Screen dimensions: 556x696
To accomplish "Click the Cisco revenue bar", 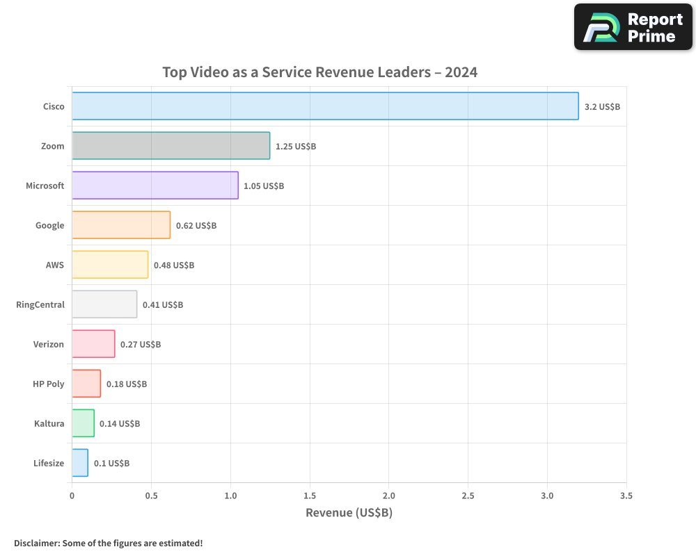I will tap(325, 106).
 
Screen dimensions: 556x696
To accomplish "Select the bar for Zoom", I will tap(171, 146).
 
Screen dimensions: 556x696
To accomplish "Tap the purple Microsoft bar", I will tap(155, 186).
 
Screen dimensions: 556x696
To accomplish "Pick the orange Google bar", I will tap(121, 225).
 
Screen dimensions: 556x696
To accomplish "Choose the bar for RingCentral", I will tap(104, 304).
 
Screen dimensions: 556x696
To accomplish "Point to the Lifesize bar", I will tap(80, 463).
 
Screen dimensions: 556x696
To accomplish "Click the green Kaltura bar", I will tap(83, 423).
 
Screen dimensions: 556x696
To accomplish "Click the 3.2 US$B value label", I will tap(602, 107).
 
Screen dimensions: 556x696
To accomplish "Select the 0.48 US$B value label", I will tap(174, 265).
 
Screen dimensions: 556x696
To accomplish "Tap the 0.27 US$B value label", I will tap(141, 345).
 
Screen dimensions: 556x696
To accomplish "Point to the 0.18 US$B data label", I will tap(127, 384).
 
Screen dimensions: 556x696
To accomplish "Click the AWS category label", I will tap(54, 265).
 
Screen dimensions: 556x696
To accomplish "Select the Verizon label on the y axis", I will tap(49, 344).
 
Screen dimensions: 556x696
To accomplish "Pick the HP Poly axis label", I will tap(49, 384).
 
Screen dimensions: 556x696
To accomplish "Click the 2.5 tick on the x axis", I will tap(468, 496).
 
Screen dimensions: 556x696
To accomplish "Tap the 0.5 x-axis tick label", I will tap(151, 496).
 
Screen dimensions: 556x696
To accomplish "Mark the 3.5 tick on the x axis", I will tap(626, 496).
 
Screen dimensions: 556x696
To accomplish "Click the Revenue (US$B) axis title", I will tap(349, 513).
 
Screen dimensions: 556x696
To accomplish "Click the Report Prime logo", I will tap(633, 27).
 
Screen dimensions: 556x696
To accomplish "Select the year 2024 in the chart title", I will tap(461, 72).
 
